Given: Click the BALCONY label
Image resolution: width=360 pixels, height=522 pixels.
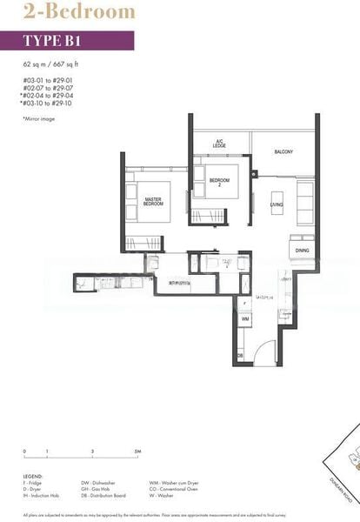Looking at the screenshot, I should click(x=283, y=152).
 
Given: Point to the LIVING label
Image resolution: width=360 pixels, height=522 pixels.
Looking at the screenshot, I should click(x=277, y=205).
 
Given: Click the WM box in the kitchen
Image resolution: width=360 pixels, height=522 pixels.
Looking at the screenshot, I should click(x=245, y=320).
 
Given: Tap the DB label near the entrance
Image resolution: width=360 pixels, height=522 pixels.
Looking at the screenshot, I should click(x=239, y=356).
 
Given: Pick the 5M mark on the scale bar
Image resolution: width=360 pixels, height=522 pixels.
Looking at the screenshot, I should click(x=137, y=452).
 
